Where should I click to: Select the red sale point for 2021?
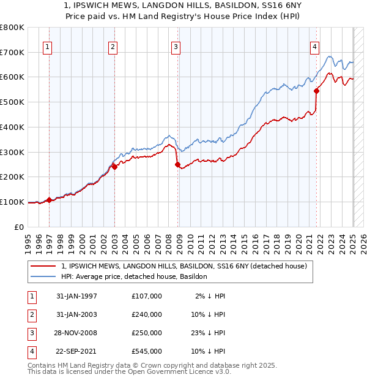click(x=317, y=91)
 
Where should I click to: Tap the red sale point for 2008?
click(x=178, y=164)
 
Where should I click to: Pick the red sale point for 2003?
click(x=114, y=167)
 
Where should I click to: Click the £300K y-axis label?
click(x=12, y=152)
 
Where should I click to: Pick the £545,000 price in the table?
click(x=147, y=351)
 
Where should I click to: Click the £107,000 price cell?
click(x=147, y=296)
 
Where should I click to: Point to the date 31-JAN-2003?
click(x=76, y=314)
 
